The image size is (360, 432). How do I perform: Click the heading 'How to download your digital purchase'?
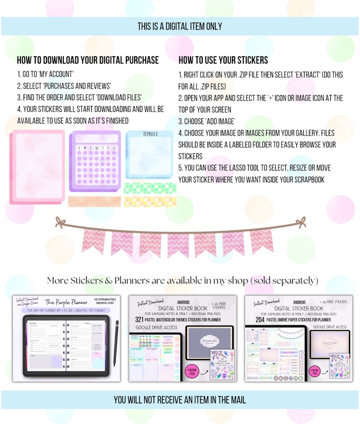[88, 60]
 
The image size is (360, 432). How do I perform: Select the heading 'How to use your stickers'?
[223, 60]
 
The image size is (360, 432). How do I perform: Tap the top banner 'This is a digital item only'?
[180, 26]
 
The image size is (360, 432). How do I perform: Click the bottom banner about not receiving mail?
[180, 399]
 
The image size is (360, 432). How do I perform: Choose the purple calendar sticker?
[95, 161]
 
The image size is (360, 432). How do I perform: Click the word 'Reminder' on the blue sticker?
[151, 134]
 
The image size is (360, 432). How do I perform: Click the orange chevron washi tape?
[94, 201]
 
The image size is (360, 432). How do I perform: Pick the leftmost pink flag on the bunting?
[93, 240]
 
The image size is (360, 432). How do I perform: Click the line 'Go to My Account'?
[45, 74]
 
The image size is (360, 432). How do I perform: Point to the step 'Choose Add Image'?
[207, 121]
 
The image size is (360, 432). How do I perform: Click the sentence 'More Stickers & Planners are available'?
[182, 281]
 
